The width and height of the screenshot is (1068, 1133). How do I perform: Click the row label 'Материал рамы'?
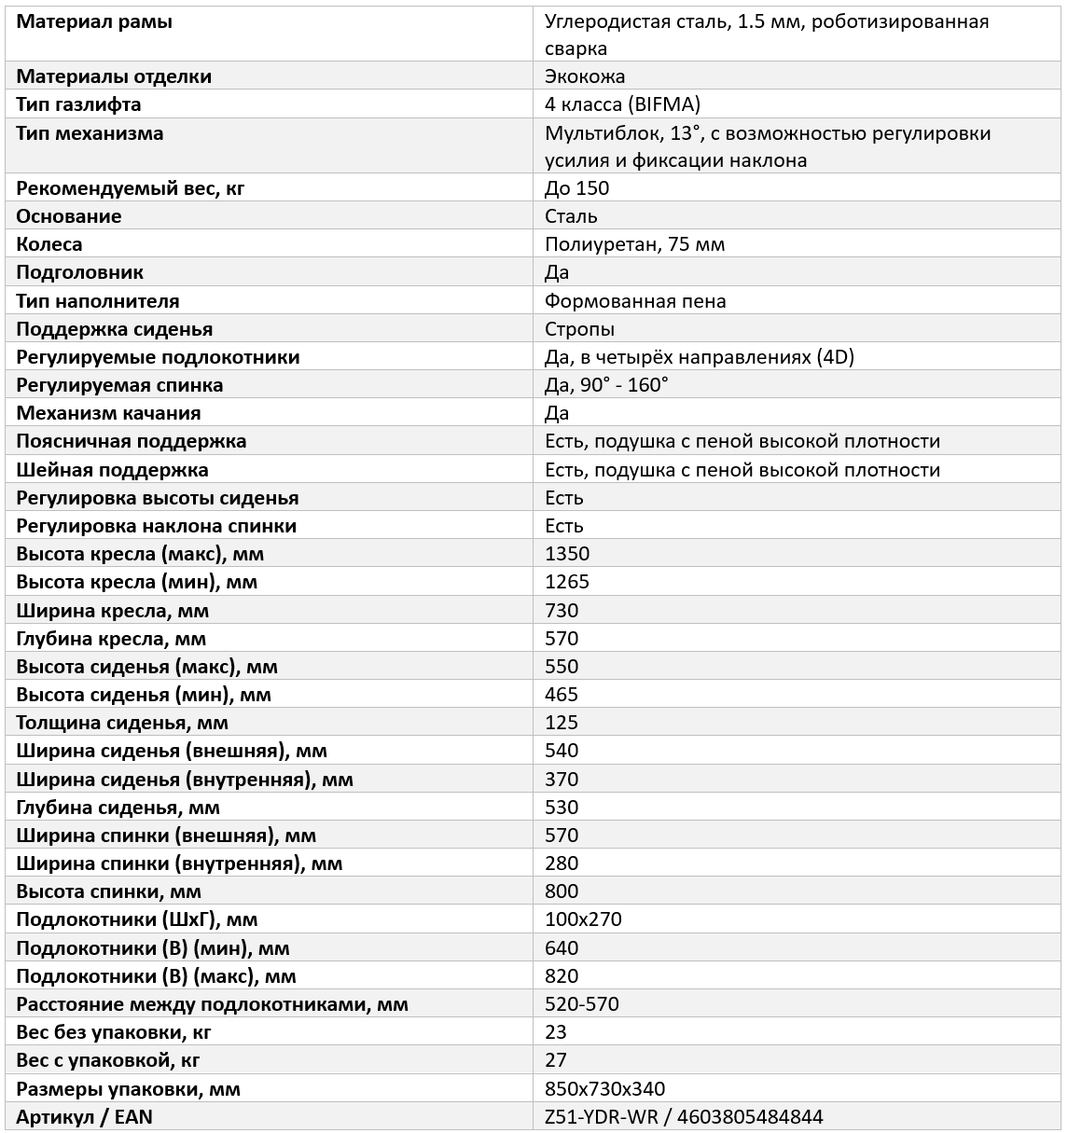pyautogui.click(x=94, y=21)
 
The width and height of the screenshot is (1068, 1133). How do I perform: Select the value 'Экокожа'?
pyautogui.click(x=585, y=76)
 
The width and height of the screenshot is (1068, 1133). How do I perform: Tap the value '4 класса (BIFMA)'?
pyautogui.click(x=622, y=104)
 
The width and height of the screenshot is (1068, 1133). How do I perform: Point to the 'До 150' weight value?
pyautogui.click(x=576, y=188)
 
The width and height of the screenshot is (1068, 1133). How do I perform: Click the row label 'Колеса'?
pyautogui.click(x=49, y=244)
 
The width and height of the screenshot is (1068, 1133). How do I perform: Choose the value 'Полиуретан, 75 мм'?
pyautogui.click(x=634, y=244)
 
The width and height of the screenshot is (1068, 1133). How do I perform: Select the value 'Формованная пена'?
pyautogui.click(x=635, y=301)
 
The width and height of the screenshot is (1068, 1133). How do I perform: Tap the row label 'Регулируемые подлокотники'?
pyautogui.click(x=158, y=357)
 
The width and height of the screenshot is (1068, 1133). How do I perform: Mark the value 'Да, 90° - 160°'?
pyautogui.click(x=606, y=385)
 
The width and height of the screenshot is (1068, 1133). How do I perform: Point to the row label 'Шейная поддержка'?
pyautogui.click(x=112, y=470)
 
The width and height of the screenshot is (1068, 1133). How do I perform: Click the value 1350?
pyautogui.click(x=567, y=554)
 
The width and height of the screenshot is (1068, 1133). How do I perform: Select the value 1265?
pyautogui.click(x=567, y=582)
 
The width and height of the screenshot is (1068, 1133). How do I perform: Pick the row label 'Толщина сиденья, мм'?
pyautogui.click(x=122, y=723)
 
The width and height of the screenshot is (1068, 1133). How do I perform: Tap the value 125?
pyautogui.click(x=562, y=723)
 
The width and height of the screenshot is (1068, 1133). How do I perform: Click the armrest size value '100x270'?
pyautogui.click(x=583, y=919)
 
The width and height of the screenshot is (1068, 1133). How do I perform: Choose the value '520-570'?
pyautogui.click(x=582, y=1004)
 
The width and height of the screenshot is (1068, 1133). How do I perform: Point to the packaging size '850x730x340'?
pyautogui.click(x=604, y=1089)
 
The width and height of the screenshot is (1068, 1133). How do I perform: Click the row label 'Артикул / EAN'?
pyautogui.click(x=84, y=1117)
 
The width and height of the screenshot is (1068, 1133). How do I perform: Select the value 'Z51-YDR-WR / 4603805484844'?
pyautogui.click(x=684, y=1117)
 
